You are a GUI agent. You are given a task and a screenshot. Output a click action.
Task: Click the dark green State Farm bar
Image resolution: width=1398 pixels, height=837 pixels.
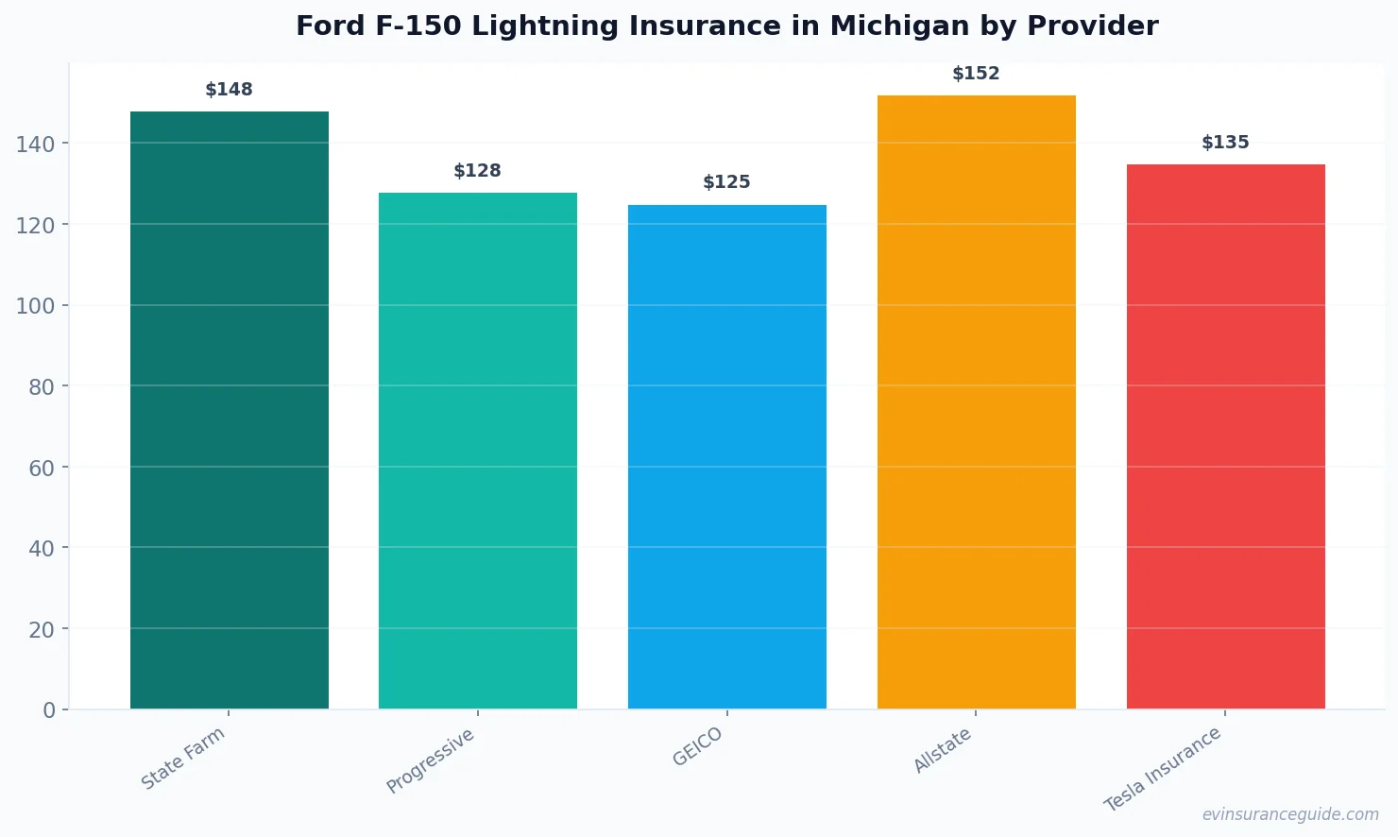click(x=230, y=410)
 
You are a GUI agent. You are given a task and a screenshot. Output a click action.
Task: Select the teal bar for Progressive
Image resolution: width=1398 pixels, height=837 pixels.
click(x=478, y=451)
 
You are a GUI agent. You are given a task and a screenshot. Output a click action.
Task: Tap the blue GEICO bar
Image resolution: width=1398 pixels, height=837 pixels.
click(x=727, y=456)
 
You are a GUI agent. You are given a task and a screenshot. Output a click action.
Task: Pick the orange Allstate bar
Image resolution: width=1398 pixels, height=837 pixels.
click(x=976, y=401)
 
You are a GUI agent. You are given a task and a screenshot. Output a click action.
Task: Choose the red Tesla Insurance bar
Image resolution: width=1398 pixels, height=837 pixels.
click(x=1225, y=436)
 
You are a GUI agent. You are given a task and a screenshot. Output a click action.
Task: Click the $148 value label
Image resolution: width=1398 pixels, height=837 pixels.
click(x=230, y=90)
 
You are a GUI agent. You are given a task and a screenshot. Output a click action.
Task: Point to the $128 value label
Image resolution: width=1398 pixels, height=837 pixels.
click(x=478, y=171)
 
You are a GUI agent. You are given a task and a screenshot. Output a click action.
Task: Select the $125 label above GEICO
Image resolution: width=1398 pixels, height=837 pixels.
click(x=727, y=182)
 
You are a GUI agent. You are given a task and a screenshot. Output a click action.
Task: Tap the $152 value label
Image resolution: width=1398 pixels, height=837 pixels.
click(x=976, y=74)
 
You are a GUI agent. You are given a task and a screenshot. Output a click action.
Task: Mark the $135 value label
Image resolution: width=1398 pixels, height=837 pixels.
click(x=1225, y=143)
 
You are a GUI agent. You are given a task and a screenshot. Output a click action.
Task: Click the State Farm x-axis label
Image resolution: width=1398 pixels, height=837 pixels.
click(x=183, y=758)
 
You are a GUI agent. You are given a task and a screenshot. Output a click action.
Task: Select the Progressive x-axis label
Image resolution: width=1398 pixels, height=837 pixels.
click(x=431, y=760)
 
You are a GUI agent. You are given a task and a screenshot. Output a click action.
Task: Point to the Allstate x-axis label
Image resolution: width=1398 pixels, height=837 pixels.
click(x=943, y=751)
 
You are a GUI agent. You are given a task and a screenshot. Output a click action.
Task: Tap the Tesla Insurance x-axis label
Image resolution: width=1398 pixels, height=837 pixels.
click(x=1163, y=769)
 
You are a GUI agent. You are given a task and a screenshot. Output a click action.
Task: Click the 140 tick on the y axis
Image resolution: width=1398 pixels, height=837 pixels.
click(x=35, y=144)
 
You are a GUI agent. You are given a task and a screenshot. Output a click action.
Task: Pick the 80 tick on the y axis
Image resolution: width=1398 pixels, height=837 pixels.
click(x=41, y=386)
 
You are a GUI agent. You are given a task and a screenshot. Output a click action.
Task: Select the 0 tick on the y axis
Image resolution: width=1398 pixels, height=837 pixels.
click(x=49, y=710)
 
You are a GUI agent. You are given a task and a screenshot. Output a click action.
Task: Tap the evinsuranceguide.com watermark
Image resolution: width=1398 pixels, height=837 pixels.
click(x=1290, y=814)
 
